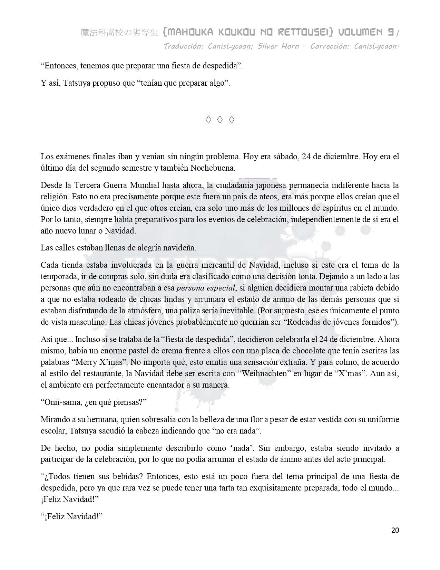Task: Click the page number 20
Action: (395, 530)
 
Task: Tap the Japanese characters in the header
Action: (119, 33)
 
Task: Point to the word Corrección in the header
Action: (330, 46)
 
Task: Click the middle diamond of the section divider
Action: (219, 120)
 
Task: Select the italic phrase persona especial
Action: (206, 288)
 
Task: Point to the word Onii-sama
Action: (61, 402)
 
